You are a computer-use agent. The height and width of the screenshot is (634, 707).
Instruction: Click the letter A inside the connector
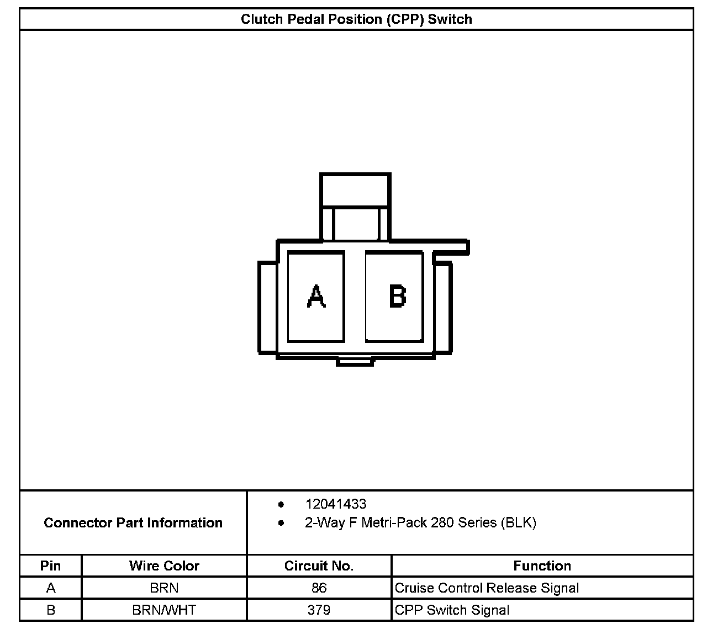316,296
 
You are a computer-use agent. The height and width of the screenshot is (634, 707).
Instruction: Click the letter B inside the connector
398,296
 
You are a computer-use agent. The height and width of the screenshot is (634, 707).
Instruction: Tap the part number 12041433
336,504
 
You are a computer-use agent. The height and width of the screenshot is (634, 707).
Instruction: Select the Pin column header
50,566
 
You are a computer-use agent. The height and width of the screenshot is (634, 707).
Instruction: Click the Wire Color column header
164,566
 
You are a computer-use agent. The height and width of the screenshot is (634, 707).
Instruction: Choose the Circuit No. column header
319,566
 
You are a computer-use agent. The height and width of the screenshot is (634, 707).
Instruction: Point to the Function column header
542,566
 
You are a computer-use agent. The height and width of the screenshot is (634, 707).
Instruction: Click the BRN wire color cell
164,588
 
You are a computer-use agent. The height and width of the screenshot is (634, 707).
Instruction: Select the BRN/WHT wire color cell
164,610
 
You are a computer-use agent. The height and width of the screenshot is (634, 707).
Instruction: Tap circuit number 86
319,588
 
